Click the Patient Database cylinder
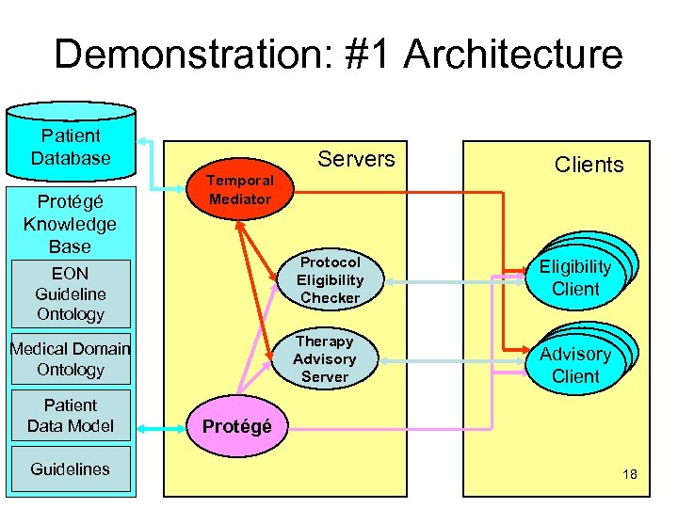(x=71, y=147)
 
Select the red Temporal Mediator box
(x=240, y=189)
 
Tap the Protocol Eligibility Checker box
(x=330, y=279)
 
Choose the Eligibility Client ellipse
(x=575, y=278)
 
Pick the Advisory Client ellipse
(x=575, y=365)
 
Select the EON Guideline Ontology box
(x=71, y=292)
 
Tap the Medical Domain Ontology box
(x=71, y=358)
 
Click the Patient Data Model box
(x=71, y=416)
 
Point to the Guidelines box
(x=71, y=468)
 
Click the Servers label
(x=356, y=159)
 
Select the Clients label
(x=589, y=165)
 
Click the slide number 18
(x=629, y=474)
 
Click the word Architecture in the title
(x=513, y=54)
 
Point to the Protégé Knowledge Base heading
(x=71, y=224)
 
